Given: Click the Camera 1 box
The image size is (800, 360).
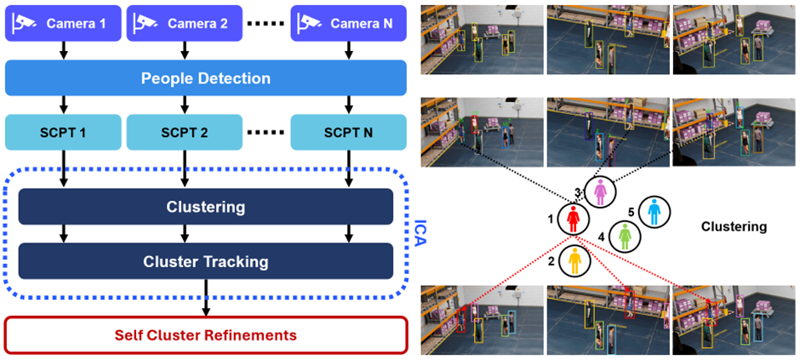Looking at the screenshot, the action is pyautogui.click(x=63, y=23).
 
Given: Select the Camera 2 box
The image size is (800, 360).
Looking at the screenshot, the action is pyautogui.click(x=184, y=23).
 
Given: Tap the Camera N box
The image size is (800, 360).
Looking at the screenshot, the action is pyautogui.click(x=348, y=23).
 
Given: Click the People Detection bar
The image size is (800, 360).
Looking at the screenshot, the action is pyautogui.click(x=206, y=78).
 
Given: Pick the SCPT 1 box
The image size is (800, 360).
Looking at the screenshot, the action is pyautogui.click(x=63, y=132).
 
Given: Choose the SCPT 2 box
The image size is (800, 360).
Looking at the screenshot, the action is pyautogui.click(x=184, y=132).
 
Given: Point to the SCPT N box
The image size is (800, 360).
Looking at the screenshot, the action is pyautogui.click(x=348, y=132).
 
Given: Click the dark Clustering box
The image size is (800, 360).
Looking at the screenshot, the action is pyautogui.click(x=206, y=207).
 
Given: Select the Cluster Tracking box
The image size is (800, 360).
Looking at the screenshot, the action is pyautogui.click(x=206, y=261).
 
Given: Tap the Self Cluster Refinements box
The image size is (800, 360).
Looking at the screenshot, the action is pyautogui.click(x=206, y=335).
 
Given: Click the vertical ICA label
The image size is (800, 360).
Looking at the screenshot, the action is pyautogui.click(x=420, y=233).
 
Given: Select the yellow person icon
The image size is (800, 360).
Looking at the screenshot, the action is pyautogui.click(x=575, y=260).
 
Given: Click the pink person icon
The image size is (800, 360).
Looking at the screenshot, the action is pyautogui.click(x=600, y=192).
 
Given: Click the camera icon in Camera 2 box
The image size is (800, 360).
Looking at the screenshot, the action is pyautogui.click(x=145, y=22).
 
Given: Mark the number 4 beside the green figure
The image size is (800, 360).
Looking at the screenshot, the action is pyautogui.click(x=601, y=237).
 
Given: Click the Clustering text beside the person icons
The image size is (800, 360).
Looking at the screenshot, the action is pyautogui.click(x=734, y=227).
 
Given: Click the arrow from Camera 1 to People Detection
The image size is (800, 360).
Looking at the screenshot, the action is pyautogui.click(x=63, y=50).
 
